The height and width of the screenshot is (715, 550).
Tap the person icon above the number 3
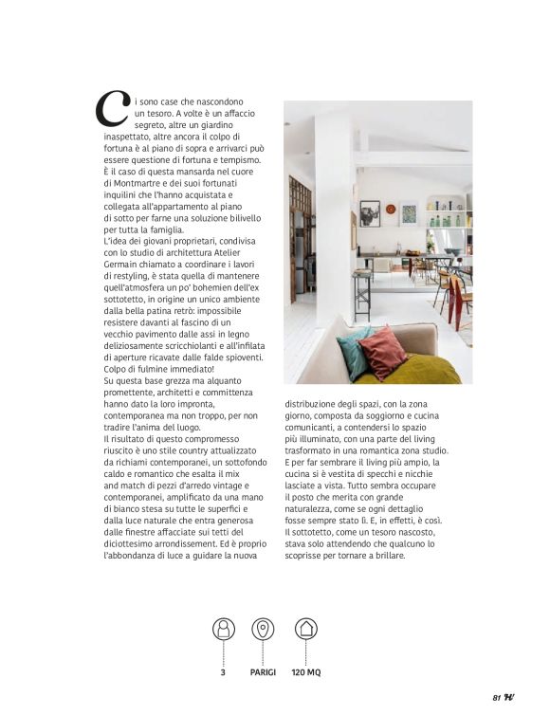click(x=223, y=629)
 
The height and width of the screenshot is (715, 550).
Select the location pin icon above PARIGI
click(x=263, y=629)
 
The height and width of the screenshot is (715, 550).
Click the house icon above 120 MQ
click(x=305, y=629)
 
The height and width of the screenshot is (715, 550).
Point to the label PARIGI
click(x=263, y=672)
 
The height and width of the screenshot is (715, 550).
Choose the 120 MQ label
click(x=305, y=672)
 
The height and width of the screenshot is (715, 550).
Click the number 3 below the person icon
click(x=223, y=672)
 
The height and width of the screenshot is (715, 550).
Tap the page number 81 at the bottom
click(x=496, y=698)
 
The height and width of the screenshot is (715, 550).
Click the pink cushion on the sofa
click(x=381, y=352)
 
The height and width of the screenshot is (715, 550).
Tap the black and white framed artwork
click(x=369, y=213)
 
